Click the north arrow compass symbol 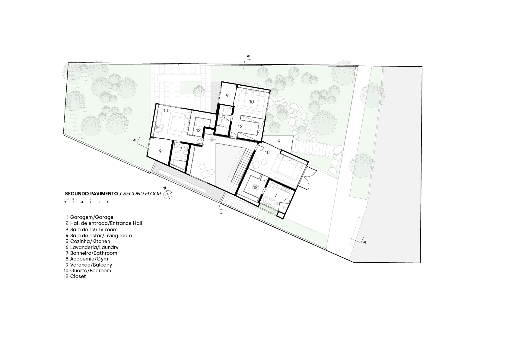point(168,195)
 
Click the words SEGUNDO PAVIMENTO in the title point(91,194)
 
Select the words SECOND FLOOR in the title point(142,194)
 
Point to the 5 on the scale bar point(108,202)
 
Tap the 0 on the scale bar point(65,202)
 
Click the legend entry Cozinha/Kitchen point(88,241)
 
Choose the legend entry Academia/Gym point(87,259)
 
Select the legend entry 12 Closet point(75,276)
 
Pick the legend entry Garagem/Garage point(90,217)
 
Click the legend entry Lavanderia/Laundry point(92,247)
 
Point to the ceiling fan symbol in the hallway point(212,140)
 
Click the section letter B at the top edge point(248,56)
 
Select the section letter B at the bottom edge point(221,213)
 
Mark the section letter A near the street point(364,242)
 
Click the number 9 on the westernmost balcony point(160,151)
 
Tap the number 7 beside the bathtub point(276,195)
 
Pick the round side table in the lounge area point(212,172)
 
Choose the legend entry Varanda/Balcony point(89,265)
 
